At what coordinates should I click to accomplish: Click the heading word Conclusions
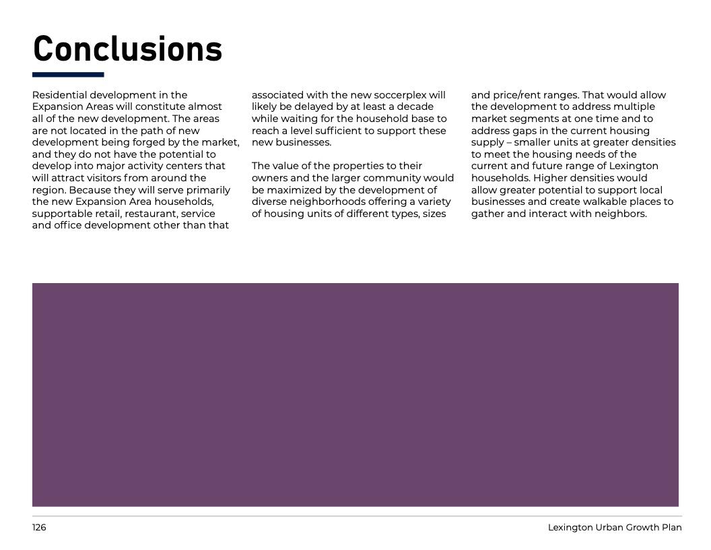[x=127, y=49]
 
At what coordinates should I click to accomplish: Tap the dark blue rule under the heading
[x=68, y=75]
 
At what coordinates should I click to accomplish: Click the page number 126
[x=39, y=527]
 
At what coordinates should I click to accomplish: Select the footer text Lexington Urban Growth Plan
[x=614, y=527]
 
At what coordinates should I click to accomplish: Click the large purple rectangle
[x=355, y=394]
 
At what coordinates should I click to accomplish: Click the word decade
[x=415, y=106]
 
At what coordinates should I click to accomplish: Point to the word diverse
[x=269, y=202]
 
